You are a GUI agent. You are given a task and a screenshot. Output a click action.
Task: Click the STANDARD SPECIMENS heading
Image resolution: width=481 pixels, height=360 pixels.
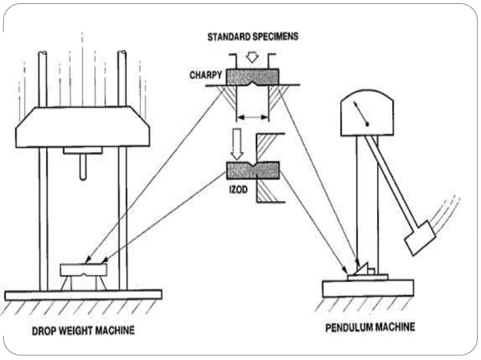(253, 37)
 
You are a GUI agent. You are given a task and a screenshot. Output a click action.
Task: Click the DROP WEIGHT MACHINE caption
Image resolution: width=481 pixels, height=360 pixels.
(83, 330)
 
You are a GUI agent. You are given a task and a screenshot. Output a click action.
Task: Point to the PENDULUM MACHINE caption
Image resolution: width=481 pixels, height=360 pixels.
(369, 328)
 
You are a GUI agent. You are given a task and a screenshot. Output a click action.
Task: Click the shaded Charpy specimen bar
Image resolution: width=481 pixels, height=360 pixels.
(253, 76)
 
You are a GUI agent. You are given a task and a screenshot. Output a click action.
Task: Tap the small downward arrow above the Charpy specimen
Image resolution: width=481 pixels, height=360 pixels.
(253, 56)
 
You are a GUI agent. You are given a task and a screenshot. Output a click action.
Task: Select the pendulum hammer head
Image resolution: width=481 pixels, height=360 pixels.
(419, 237)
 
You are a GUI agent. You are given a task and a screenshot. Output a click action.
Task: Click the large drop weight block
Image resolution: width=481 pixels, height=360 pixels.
(82, 127)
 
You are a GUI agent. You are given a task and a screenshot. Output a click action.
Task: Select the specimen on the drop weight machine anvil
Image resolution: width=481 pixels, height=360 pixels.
(83, 269)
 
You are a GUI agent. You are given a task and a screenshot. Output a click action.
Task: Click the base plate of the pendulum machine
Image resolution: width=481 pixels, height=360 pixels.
(368, 288)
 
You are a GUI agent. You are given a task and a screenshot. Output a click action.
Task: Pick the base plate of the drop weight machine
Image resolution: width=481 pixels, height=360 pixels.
(82, 294)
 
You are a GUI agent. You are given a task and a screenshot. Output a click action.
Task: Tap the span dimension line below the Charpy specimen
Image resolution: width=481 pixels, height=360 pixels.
(253, 117)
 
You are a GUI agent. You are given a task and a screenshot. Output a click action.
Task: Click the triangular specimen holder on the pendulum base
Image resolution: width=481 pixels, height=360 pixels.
(363, 270)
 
